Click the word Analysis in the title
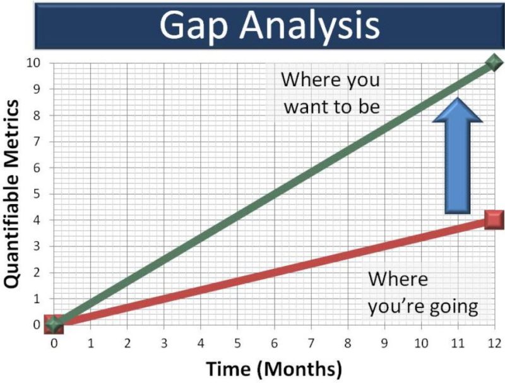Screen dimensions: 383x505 308,26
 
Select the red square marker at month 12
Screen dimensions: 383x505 494,220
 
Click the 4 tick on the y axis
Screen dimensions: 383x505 39,220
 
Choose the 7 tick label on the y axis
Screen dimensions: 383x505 39,141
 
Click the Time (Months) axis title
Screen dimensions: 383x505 274,367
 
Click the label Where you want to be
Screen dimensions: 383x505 331,93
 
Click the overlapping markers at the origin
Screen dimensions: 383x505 54,324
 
